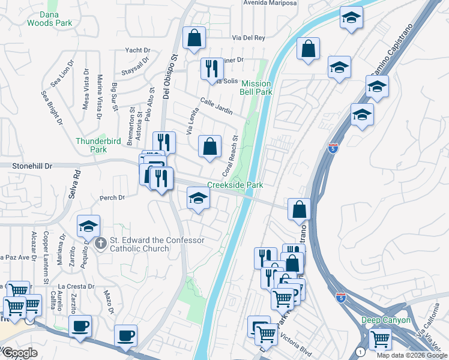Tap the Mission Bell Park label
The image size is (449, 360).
(257, 88)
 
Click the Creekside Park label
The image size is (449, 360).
(235, 185)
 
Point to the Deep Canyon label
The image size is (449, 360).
(386, 320)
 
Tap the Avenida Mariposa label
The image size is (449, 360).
(270, 3)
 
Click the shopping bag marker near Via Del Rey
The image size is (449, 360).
(194, 38)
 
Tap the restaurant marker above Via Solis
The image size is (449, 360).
(211, 68)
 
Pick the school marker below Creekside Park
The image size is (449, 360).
(197, 199)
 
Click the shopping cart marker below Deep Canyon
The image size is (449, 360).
(381, 339)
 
